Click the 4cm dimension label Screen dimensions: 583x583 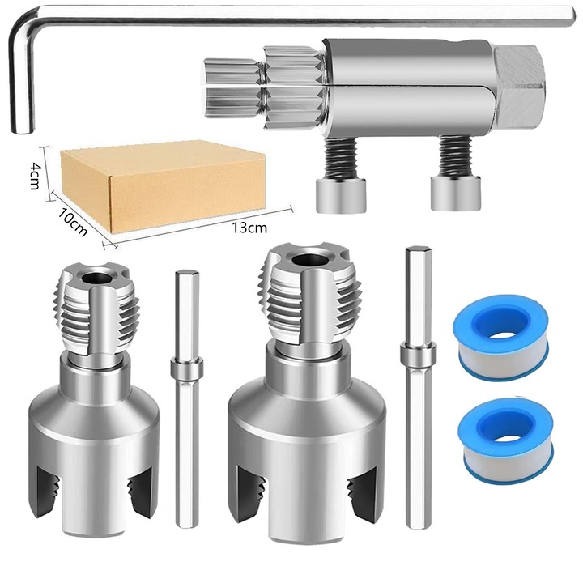36,174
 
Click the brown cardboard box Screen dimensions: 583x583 162,182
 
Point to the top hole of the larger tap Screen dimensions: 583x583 309,261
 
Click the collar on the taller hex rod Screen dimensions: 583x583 417,354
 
